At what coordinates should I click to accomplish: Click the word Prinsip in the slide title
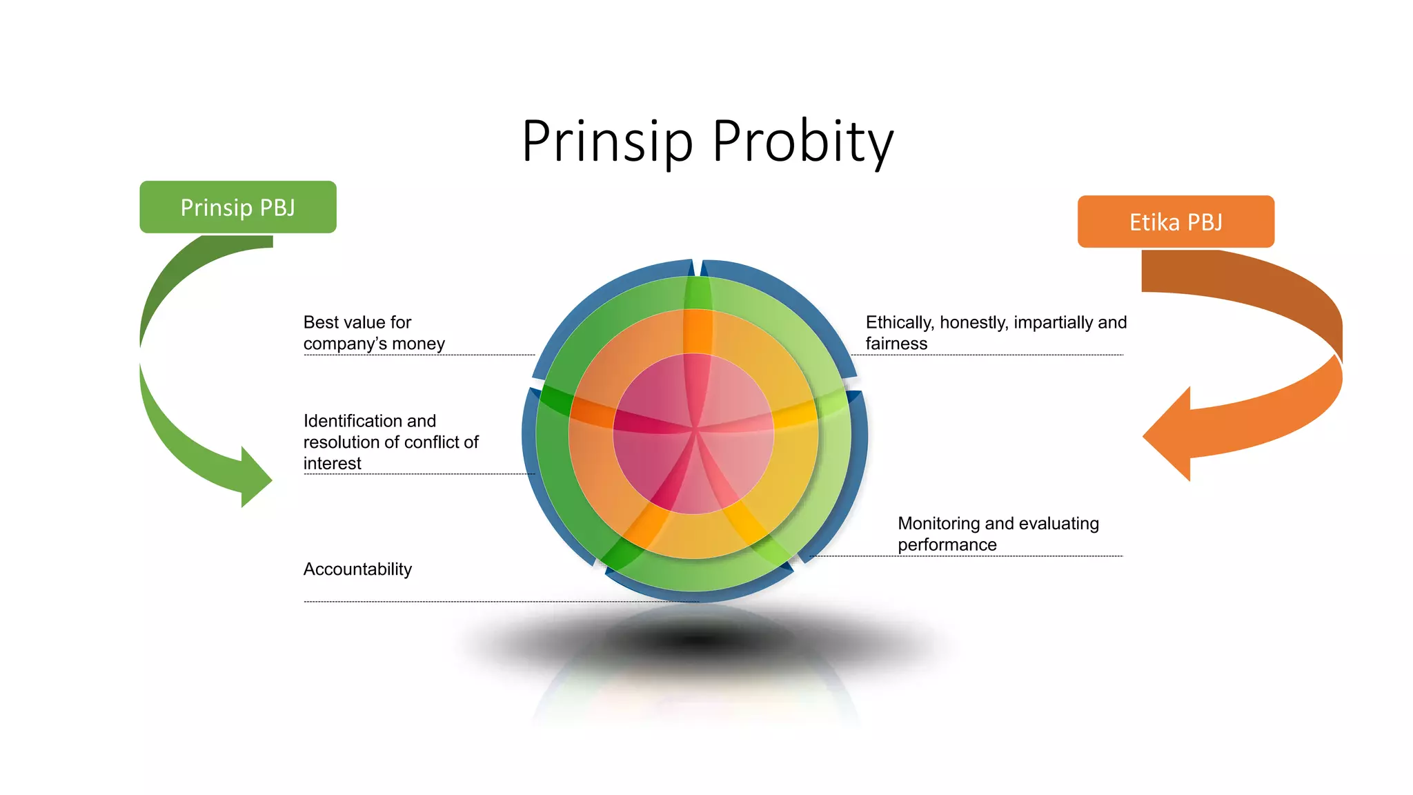[x=606, y=141]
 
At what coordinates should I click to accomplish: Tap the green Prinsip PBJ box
[x=238, y=207]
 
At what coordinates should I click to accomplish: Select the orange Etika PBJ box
[x=1176, y=222]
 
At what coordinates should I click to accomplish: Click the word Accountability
[x=357, y=569]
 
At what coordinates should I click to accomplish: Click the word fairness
[x=896, y=344]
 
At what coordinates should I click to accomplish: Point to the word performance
[x=947, y=545]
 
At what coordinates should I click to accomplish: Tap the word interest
[x=332, y=464]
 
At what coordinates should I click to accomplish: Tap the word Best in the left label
[x=320, y=322]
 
